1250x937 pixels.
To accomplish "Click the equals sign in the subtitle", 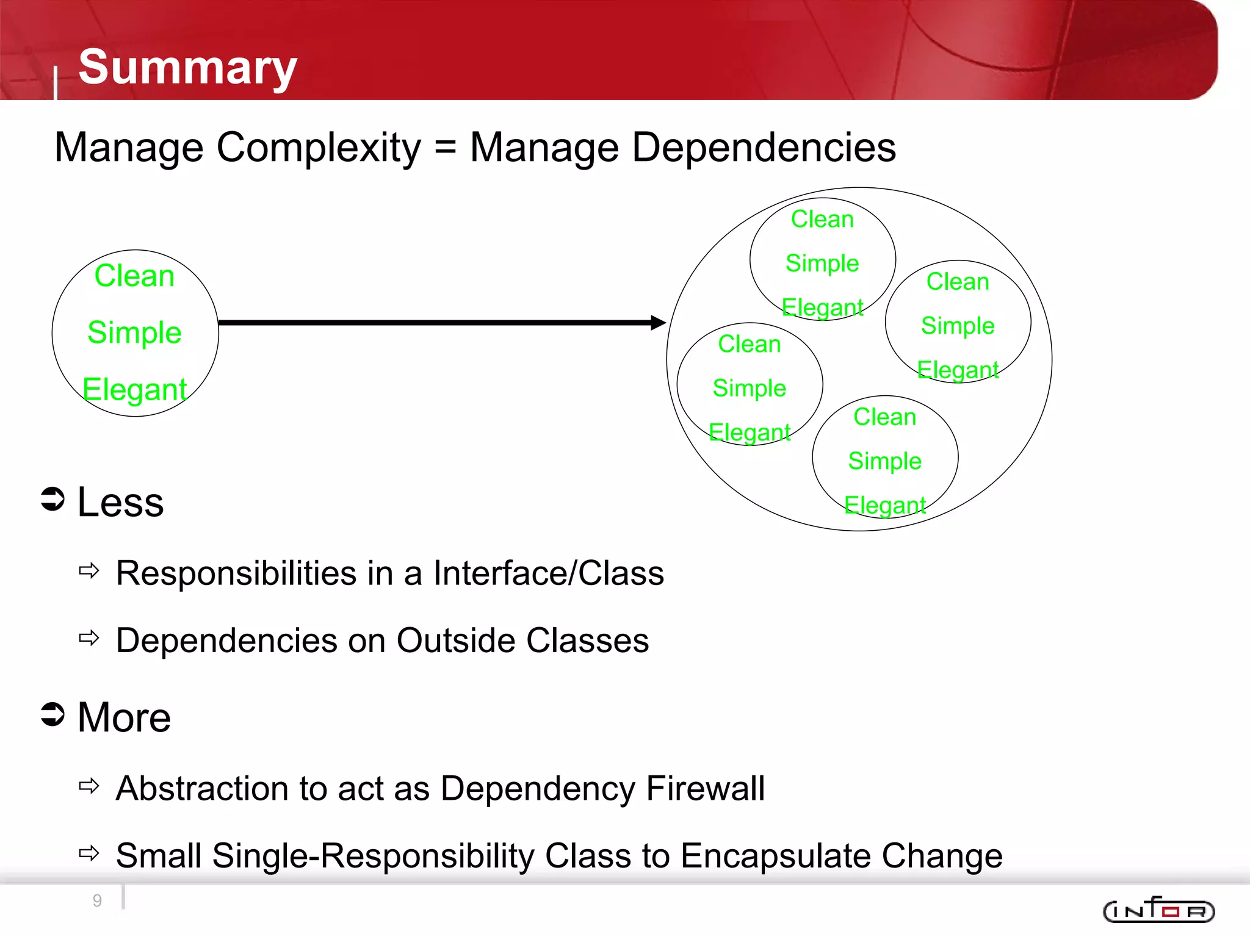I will click(446, 148).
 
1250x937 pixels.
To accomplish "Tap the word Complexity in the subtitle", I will click(318, 148).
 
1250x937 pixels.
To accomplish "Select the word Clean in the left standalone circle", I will click(134, 276).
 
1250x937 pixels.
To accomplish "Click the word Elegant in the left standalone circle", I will click(134, 390).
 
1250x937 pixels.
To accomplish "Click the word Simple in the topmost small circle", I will click(822, 264).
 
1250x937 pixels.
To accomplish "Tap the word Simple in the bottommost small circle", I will click(884, 461).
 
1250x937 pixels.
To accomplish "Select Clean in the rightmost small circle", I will click(957, 282).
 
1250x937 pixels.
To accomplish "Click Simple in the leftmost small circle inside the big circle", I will click(749, 389).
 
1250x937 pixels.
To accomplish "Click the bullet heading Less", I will click(120, 503).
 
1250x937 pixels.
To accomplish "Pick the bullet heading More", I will click(124, 717).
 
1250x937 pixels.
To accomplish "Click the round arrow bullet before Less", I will click(52, 499).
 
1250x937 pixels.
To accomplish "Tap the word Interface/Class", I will click(548, 573).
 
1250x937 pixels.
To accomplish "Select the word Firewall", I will click(704, 789).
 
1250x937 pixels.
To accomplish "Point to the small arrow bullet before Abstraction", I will click(89, 786).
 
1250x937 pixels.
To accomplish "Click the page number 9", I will click(97, 900).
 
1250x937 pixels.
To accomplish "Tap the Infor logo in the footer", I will click(1158, 910).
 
